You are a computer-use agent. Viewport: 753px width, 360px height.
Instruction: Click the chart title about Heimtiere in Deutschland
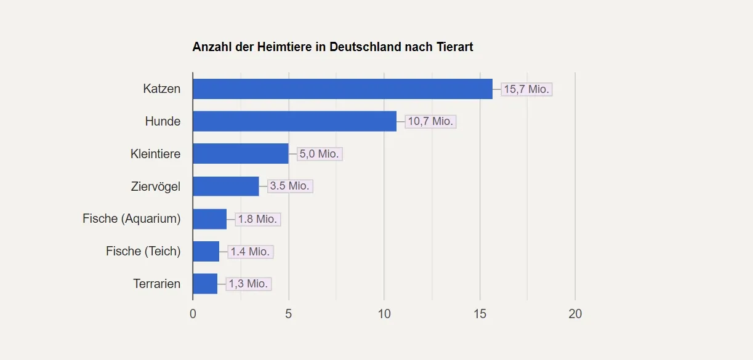pos(332,47)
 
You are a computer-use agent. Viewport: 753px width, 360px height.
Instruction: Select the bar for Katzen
pos(342,89)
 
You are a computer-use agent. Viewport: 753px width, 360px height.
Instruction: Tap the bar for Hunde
pos(294,121)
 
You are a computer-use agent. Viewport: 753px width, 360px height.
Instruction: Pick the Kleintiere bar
pos(240,154)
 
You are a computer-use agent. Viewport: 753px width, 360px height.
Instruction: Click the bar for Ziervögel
pos(225,186)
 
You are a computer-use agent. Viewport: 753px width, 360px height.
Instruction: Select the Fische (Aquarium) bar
pos(209,219)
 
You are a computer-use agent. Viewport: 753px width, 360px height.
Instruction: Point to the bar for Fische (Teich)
pos(206,252)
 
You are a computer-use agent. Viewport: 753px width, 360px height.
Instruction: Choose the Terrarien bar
pos(204,284)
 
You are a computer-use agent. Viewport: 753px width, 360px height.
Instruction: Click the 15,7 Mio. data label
pos(526,89)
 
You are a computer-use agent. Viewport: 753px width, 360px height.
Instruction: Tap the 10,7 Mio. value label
pos(430,121)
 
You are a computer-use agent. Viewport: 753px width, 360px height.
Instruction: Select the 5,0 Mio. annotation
pos(320,154)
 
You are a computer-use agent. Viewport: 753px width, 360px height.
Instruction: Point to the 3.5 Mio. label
pos(290,186)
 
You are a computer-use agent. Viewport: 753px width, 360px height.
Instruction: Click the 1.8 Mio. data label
pos(257,219)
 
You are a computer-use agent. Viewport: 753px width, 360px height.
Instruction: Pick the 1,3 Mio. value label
pos(248,284)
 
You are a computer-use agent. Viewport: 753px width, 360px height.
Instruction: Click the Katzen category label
pos(161,89)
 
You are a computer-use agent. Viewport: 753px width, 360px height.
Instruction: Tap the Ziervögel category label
pos(156,186)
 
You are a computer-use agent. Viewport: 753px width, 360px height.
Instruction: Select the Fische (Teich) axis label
pos(143,251)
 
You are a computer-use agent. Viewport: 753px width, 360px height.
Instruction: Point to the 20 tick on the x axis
pos(575,314)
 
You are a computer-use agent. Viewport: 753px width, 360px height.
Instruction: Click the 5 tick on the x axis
pos(288,314)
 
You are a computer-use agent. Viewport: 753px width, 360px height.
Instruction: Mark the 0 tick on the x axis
pos(193,314)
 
